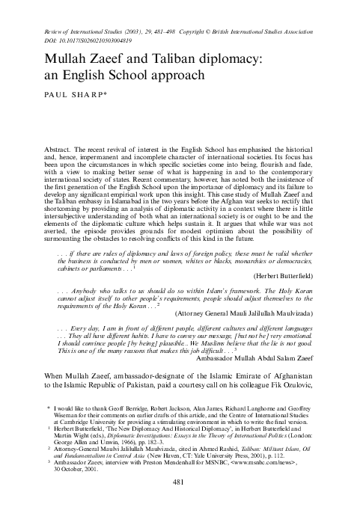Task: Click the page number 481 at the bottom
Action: pyautogui.click(x=180, y=503)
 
